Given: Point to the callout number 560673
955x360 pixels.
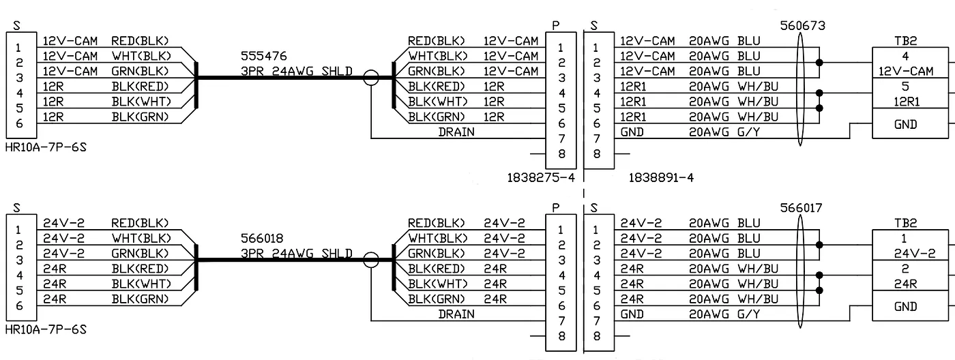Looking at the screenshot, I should click(x=802, y=26).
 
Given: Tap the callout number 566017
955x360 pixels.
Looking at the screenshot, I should click(x=802, y=208).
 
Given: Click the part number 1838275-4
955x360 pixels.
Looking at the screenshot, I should click(x=541, y=178).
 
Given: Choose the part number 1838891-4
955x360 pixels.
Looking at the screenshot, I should click(x=661, y=178).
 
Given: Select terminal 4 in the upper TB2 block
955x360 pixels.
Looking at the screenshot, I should click(x=905, y=56).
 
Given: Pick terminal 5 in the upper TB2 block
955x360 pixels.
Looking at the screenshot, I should click(x=905, y=87).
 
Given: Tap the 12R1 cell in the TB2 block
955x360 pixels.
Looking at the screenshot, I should click(x=905, y=102).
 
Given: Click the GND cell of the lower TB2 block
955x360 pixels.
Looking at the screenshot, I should click(x=905, y=307).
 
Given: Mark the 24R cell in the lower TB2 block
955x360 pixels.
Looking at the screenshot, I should click(x=905, y=284).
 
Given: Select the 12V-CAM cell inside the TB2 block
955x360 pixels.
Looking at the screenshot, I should click(x=905, y=71).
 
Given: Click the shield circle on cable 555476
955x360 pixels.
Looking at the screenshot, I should click(x=370, y=78).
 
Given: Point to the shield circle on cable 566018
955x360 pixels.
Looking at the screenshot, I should click(x=370, y=260).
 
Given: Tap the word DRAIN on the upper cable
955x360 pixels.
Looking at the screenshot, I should click(x=456, y=132).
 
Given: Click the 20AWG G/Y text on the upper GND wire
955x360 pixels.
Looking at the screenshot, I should click(x=723, y=132).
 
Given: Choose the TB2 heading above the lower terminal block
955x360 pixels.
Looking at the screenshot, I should click(x=905, y=222).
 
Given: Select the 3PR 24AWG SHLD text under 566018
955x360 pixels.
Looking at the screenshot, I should click(x=297, y=254).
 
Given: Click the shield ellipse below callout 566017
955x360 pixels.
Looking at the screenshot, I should click(x=802, y=273).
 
